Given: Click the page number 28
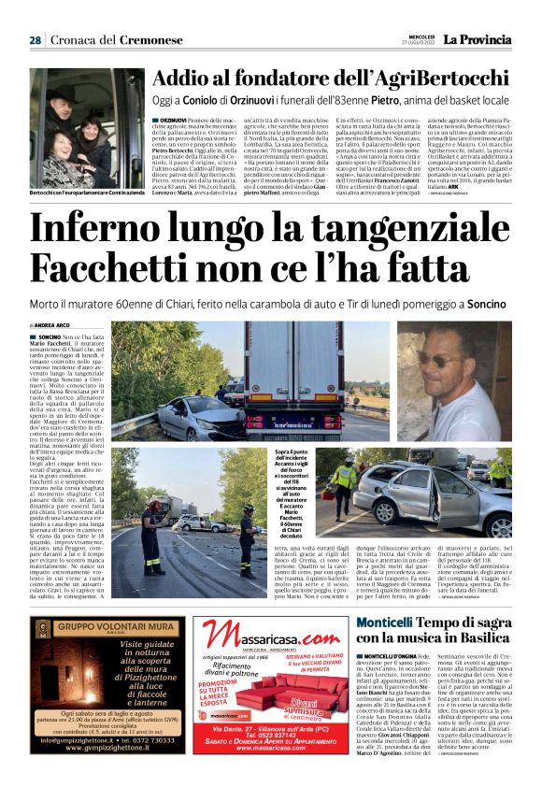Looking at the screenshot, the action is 34,40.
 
